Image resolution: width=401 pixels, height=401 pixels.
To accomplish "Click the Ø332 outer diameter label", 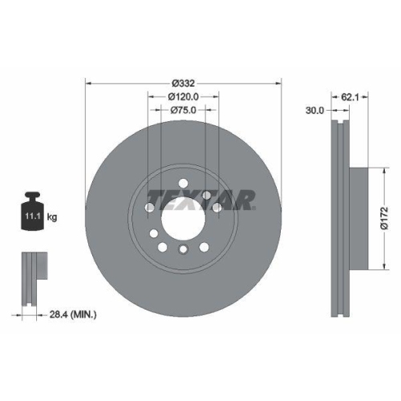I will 184,81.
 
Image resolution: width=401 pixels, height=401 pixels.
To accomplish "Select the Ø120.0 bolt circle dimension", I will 184,95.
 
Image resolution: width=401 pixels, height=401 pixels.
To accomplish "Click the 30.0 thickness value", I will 314,111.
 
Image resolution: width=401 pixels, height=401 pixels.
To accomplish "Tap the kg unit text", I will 52,217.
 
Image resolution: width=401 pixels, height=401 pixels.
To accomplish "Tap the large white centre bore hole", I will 184,217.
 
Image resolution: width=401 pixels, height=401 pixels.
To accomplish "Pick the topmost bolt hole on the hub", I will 184,181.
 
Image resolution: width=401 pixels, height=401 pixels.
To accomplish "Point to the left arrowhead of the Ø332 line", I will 88,81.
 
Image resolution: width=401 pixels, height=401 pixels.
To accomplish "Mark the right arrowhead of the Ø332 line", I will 280,81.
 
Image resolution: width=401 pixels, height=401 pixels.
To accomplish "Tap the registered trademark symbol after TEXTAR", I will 254,207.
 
